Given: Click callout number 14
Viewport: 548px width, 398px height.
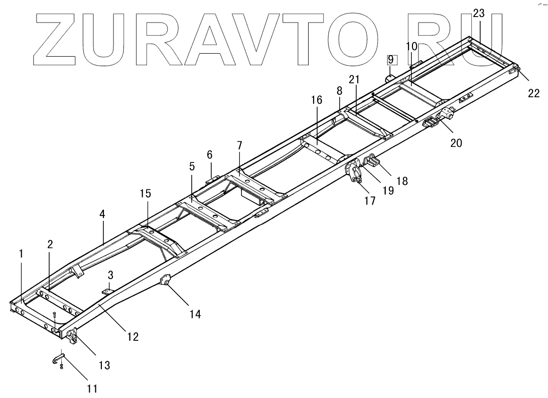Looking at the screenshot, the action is pyautogui.click(x=195, y=314).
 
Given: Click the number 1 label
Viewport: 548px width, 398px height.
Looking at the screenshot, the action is pyautogui.click(x=21, y=254).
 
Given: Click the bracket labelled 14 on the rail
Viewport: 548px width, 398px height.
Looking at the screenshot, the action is pyautogui.click(x=165, y=281).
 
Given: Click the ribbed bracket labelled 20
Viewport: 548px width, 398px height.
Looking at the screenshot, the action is pyautogui.click(x=431, y=123).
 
